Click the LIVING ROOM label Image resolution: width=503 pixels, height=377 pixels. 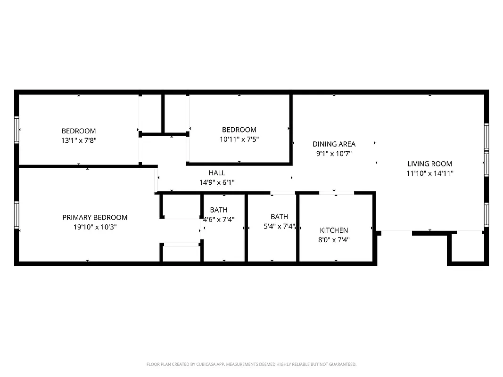coord(429,164)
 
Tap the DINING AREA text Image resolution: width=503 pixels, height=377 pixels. coord(334,144)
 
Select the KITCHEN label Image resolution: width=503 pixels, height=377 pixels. coord(334,230)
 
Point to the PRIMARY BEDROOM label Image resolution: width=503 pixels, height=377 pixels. coord(95,218)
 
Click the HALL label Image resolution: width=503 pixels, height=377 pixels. coord(217,173)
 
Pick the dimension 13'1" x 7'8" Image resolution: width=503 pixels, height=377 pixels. coord(79,140)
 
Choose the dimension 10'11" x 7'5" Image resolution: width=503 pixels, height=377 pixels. coord(239,139)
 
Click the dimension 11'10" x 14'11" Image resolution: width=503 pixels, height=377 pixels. coord(429,173)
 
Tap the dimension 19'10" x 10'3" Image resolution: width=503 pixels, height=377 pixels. coord(95,227)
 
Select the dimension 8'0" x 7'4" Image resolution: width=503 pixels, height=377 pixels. coord(334,239)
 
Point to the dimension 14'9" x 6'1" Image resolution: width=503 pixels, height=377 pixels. coord(217,182)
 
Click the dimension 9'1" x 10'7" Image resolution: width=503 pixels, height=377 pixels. coord(334,153)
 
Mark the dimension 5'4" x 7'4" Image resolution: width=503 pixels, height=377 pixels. coord(279,226)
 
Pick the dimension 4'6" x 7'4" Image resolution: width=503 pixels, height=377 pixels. coord(219,219)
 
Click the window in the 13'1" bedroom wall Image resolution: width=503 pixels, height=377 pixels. coord(17,130)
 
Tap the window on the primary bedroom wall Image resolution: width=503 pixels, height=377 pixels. coord(17,214)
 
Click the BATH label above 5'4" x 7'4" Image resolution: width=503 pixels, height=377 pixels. coord(279,217)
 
